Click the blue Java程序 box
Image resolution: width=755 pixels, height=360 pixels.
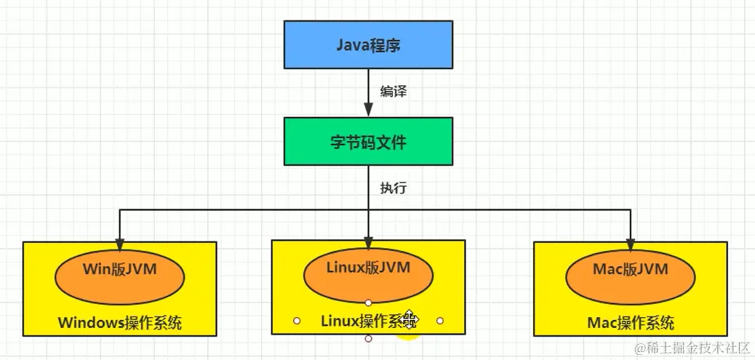368,45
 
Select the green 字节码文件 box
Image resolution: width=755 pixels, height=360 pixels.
368,141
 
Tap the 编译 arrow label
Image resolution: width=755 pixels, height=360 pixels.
393,92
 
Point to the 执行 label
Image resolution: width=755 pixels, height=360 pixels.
393,188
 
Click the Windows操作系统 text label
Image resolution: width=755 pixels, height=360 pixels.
119,322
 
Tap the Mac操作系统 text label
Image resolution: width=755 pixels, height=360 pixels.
630,322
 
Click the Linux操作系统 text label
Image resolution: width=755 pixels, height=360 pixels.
361,320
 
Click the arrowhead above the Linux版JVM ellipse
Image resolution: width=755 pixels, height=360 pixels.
368,244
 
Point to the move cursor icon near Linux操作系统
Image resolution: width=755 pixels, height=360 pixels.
410,319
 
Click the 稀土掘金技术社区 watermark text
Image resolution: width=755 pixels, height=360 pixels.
692,348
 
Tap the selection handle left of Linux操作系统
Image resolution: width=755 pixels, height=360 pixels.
297,320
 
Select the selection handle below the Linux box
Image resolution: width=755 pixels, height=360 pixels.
368,339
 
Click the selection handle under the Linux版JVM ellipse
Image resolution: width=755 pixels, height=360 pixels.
368,302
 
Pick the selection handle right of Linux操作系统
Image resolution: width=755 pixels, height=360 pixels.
440,320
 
